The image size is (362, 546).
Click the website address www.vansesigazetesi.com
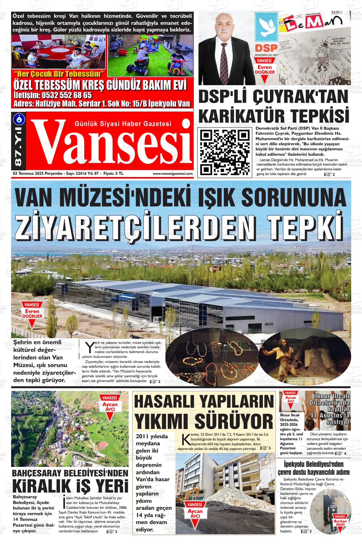pyautogui.click(x=172, y=174)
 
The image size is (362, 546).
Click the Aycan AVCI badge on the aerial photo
pyautogui.click(x=109, y=406)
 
